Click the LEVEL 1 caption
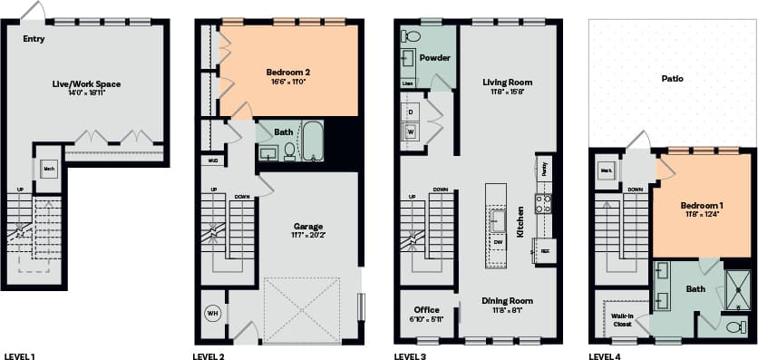[20, 356]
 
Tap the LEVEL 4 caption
[604, 356]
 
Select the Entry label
[34, 39]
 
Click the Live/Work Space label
[86, 84]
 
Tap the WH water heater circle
[214, 313]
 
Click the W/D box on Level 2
[213, 161]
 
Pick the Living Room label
[507, 83]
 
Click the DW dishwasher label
[498, 243]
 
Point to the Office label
[426, 310]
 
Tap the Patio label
[672, 79]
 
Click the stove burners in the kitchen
[544, 203]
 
